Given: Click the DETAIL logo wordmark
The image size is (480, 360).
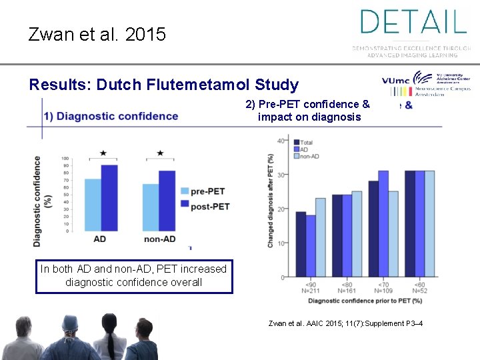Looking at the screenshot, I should pos(413,21).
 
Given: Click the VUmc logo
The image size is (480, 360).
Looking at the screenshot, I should pos(396,81).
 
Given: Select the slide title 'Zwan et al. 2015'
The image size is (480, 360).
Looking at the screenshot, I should pos(97,35).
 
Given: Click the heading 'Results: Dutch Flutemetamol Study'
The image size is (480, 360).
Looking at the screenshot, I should pos(164,85).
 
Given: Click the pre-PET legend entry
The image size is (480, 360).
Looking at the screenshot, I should pos(203,191).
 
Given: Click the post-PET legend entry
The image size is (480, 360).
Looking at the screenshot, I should pos(203,207).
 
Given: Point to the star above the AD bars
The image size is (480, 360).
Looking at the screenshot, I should pos(103,153).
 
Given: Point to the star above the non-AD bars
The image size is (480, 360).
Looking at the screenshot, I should pos(160,153).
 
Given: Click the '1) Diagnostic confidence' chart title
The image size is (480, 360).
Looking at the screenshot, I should pos(111,116).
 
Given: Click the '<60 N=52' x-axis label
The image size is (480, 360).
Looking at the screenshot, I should pos(420,287).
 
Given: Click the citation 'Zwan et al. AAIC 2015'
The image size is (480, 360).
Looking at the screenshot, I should pos(345,324).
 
